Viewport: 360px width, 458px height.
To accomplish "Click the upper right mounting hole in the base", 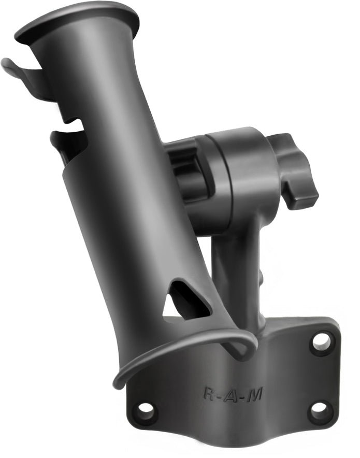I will click(x=321, y=341).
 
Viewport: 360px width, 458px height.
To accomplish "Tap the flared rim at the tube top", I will click(x=78, y=21).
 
